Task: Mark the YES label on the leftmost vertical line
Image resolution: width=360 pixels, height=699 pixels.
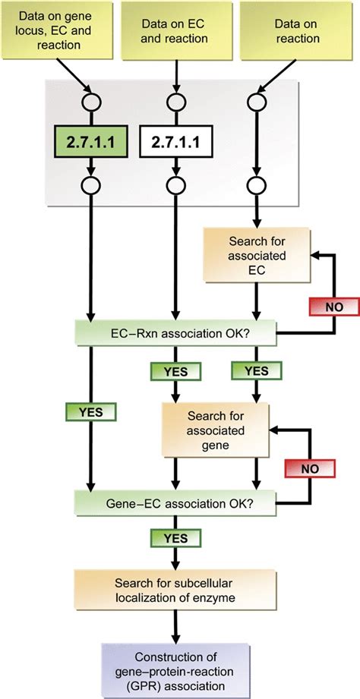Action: point(91,411)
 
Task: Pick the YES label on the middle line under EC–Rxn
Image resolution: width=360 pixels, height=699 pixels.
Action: point(175,371)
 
